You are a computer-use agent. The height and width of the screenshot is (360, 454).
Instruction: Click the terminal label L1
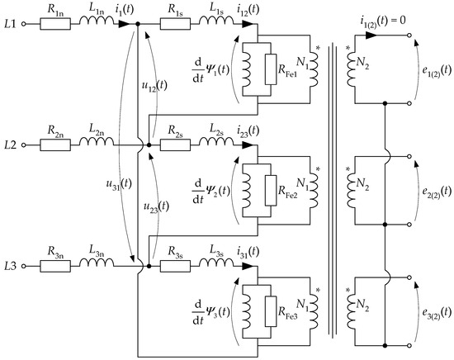click(x=11, y=25)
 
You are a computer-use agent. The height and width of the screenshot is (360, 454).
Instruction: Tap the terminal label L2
click(x=11, y=145)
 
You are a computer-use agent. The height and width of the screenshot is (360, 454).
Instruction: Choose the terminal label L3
click(x=11, y=266)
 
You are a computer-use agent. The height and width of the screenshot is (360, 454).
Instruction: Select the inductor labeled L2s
click(x=219, y=145)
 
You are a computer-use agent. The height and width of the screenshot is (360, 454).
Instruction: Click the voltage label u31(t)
click(x=106, y=176)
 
